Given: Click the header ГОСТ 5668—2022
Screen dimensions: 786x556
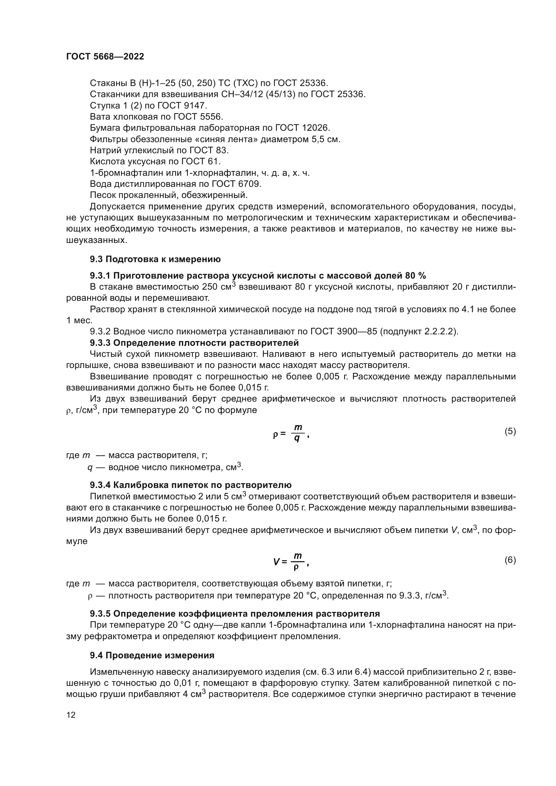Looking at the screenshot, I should click(105, 57).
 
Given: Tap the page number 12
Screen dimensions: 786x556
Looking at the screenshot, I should click(71, 714).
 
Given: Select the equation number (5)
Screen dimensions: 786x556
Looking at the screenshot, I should click(510, 431).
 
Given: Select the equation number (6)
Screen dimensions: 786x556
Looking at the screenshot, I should click(510, 560).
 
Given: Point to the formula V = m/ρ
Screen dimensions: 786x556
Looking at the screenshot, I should click(291, 562).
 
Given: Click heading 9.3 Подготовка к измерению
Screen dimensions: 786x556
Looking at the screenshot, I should click(155, 259).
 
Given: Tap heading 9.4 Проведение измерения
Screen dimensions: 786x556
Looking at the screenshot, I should click(152, 655).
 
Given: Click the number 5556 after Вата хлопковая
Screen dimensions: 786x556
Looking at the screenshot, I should click(211, 117).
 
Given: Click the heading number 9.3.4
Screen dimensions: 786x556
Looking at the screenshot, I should click(100, 485).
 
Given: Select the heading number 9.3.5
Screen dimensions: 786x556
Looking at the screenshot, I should click(100, 614).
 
